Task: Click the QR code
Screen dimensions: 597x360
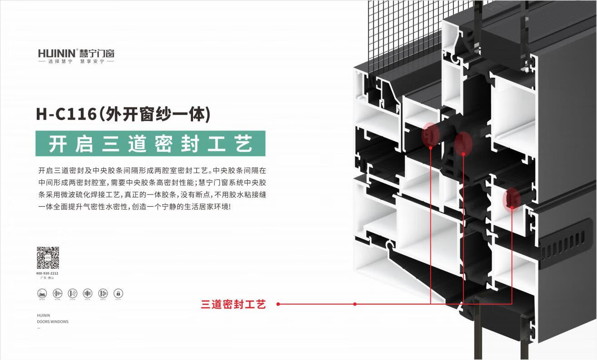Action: coord(48,258)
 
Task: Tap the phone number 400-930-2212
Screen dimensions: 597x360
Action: coord(47,273)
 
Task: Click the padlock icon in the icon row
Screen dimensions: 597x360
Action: coord(118,293)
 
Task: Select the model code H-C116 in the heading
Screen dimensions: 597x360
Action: coord(66,114)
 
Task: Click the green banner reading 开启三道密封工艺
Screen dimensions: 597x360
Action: coord(150,144)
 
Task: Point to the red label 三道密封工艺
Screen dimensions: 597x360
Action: coord(233,305)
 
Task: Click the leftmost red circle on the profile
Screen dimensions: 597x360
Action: coord(430,135)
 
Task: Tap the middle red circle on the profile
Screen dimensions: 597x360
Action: coord(463,143)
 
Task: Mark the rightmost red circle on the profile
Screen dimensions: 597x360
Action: coord(512,199)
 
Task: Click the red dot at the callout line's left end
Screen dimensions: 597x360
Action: coord(278,304)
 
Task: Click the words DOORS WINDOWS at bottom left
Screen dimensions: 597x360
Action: coord(53,322)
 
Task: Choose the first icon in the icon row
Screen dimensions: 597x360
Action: coord(42,293)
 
